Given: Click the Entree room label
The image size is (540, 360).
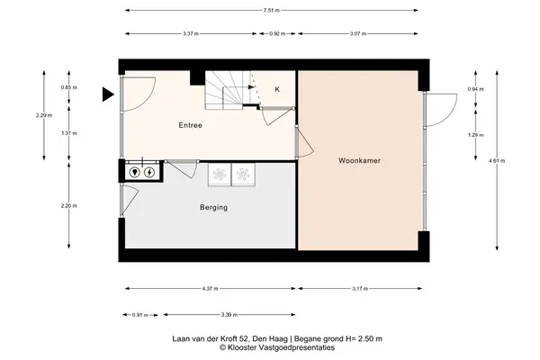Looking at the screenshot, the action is pos(190,125).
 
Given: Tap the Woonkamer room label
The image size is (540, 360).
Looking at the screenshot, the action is pos(359,160).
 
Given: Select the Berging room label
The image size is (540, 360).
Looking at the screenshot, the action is pos(213,207).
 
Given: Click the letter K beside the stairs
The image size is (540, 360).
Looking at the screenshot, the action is pos(277,90).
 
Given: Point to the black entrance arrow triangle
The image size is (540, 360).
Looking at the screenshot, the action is pos(108,94).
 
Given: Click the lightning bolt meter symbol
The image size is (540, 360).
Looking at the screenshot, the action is pos(149,172).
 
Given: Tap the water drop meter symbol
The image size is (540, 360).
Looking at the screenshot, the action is pos(135,172).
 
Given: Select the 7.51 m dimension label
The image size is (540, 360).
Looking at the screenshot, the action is pos(272,10).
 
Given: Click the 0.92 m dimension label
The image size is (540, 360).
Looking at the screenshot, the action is pos(277,34).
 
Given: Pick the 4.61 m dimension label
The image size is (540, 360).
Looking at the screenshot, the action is pos(497,160).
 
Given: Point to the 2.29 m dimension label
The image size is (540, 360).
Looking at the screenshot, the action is pos(44,115).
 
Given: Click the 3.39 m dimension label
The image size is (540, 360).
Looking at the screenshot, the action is pos(229,314).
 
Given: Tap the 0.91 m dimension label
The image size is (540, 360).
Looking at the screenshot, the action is pos(140,315).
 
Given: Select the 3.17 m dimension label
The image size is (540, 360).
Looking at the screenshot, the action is pos(360,289).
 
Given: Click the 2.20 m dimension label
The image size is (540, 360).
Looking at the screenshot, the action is pos(69,206).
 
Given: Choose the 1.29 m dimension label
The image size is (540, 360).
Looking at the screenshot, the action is pos(475,135).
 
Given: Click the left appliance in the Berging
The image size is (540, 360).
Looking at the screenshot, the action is pos(220,175).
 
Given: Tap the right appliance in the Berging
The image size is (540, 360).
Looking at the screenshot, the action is pos(243,175).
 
